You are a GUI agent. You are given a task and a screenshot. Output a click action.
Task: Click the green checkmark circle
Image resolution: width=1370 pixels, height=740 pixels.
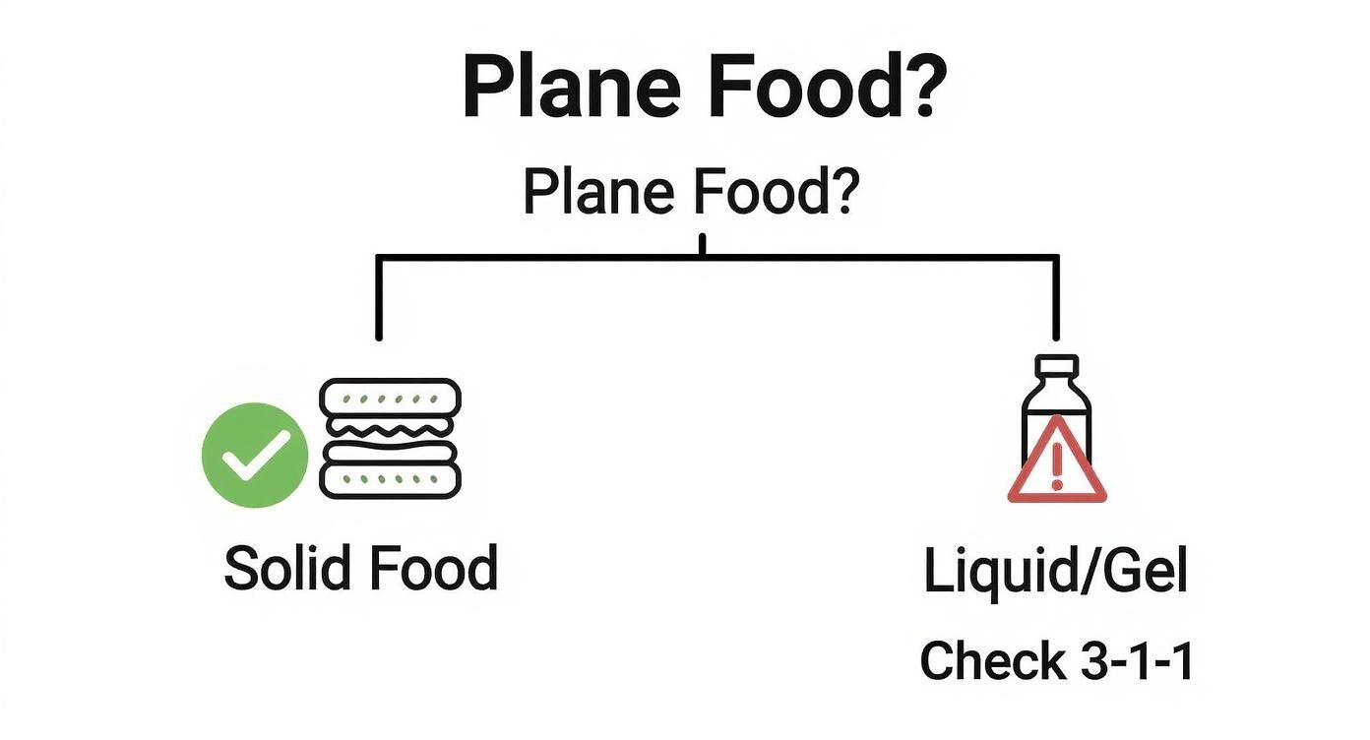254,455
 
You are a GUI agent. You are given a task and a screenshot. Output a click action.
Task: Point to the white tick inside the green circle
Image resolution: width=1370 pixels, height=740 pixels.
254,456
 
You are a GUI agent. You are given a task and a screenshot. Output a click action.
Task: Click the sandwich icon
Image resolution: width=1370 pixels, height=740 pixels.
391,438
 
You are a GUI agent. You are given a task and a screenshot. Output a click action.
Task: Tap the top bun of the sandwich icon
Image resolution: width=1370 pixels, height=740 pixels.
391,398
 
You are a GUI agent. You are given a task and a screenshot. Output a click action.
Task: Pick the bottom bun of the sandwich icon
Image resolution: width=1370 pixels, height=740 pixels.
391,478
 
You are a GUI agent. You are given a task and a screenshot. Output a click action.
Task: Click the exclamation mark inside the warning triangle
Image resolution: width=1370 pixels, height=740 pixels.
1057,467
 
